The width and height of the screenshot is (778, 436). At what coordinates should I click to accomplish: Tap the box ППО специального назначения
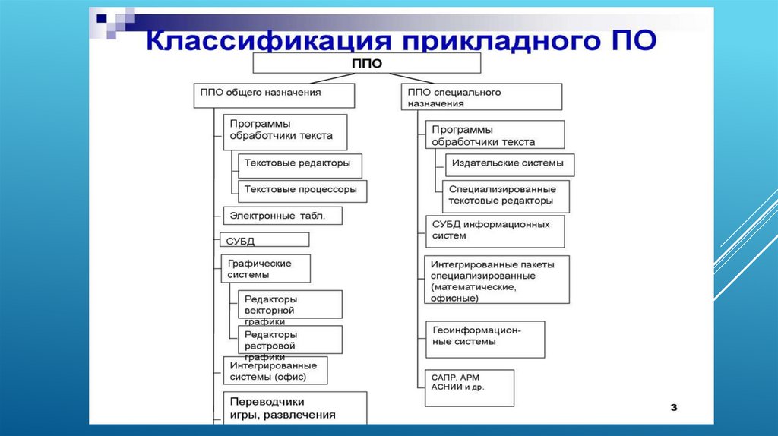click(x=482, y=97)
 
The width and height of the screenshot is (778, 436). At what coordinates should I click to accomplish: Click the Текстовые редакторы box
click(x=299, y=165)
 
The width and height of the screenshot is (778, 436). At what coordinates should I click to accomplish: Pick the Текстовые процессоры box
click(x=302, y=191)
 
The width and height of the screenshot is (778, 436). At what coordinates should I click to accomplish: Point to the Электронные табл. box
click(x=283, y=216)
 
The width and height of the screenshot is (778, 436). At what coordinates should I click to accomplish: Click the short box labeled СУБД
click(x=264, y=240)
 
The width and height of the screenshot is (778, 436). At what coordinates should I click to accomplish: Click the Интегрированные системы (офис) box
click(x=274, y=370)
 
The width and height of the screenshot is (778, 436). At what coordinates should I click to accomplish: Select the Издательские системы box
click(x=509, y=165)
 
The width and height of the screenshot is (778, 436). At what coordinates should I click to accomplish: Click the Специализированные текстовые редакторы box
click(x=505, y=195)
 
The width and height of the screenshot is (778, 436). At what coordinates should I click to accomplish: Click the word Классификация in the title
click(x=242, y=39)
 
